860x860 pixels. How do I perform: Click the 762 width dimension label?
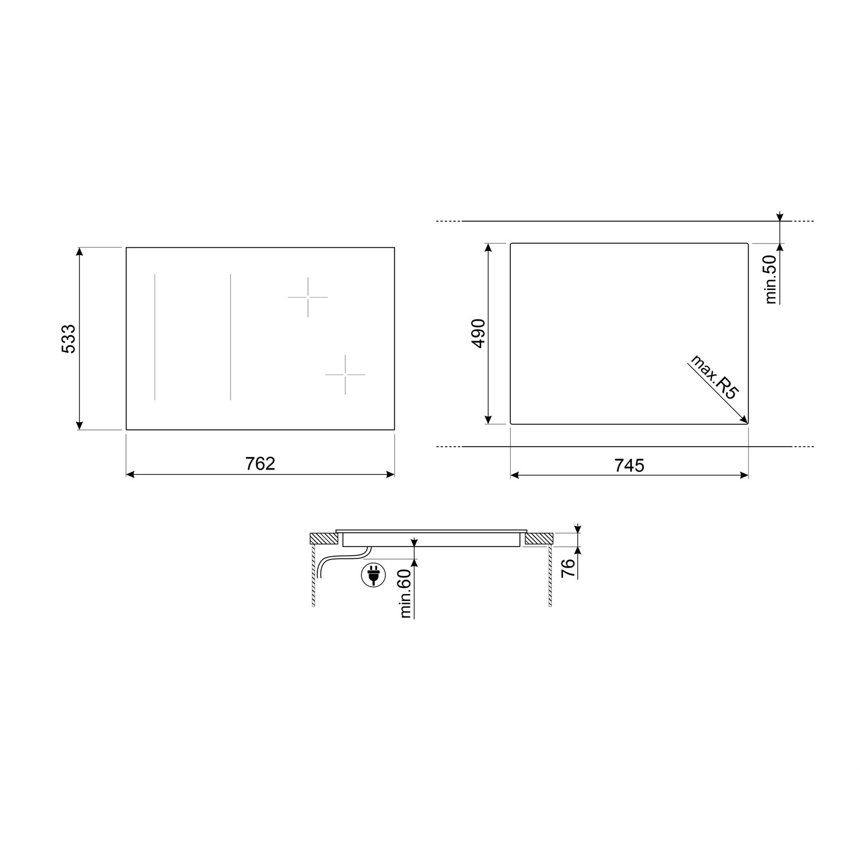pos(261,464)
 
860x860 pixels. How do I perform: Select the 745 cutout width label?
pos(630,465)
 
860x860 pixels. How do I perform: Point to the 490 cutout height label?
pos(478,334)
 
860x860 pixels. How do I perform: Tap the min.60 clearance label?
pos(406,593)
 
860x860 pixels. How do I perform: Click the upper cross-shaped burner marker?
pos(308,297)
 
